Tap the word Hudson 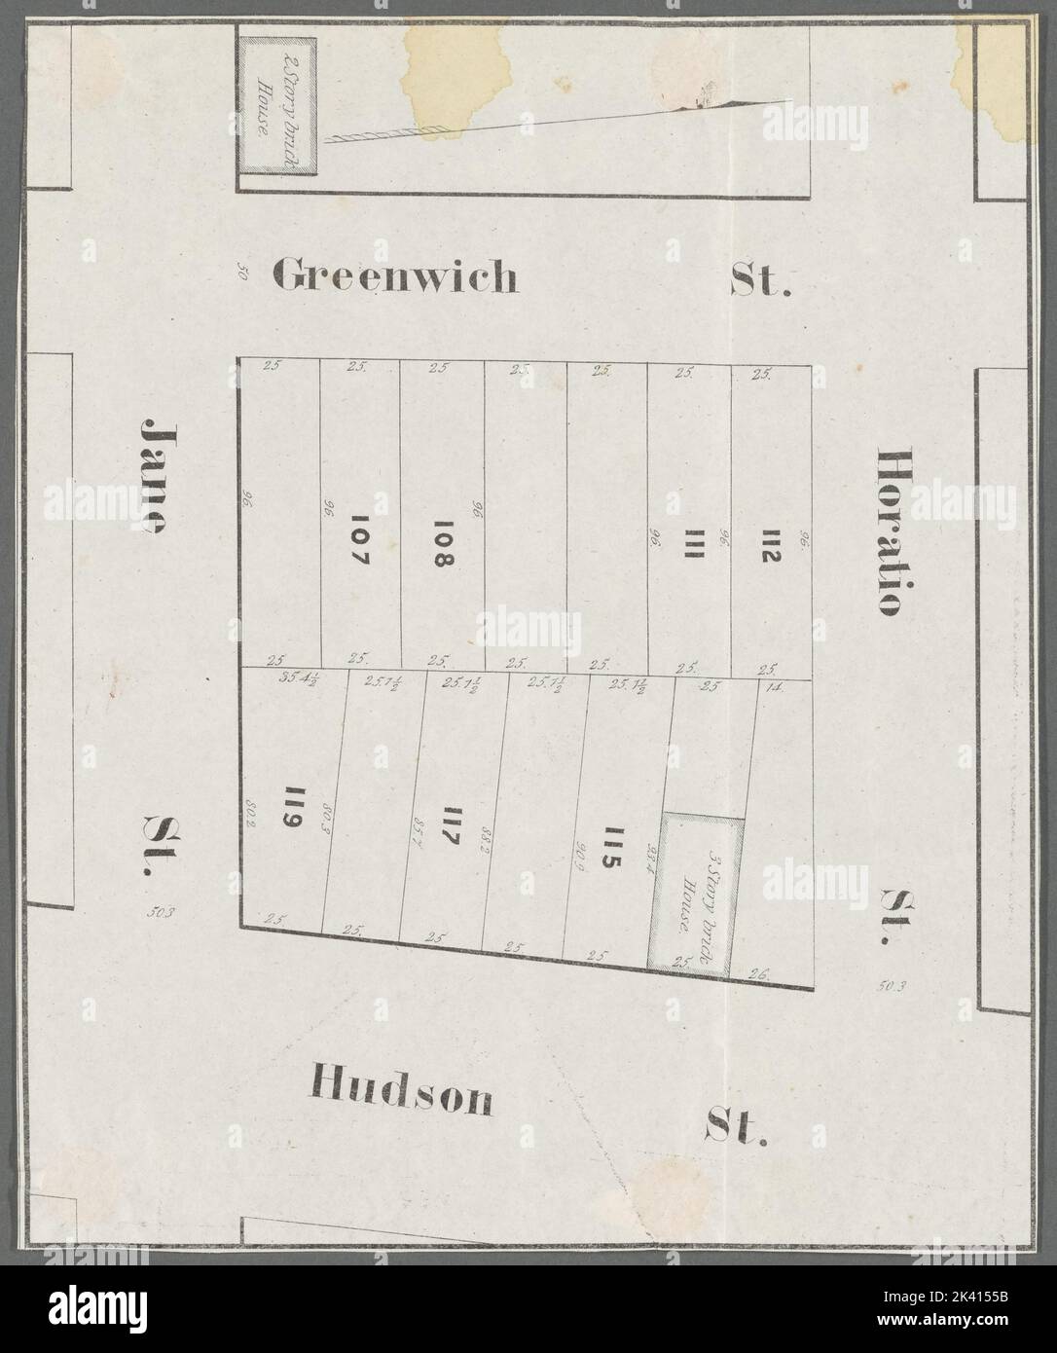point(401,1096)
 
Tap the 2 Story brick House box point(277,105)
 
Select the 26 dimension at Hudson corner point(760,972)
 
